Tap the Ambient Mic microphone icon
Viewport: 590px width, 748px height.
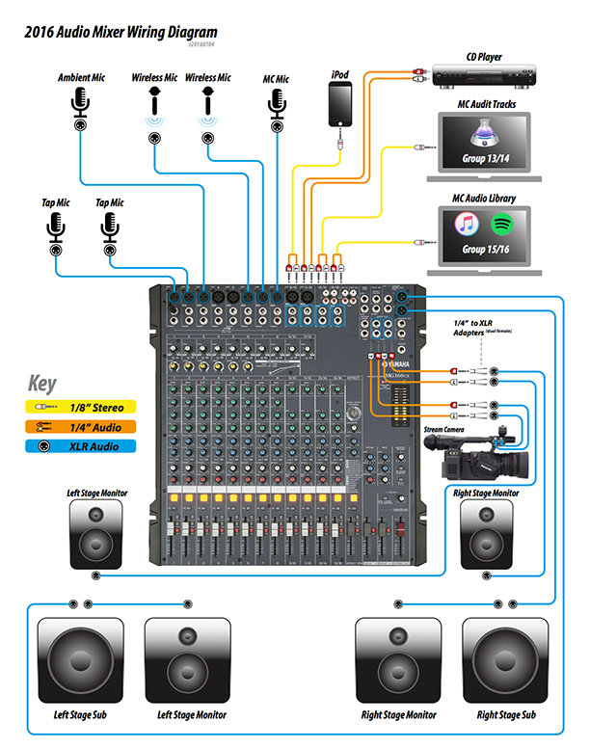pyautogui.click(x=81, y=103)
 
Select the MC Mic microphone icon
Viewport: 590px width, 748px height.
pyautogui.click(x=278, y=102)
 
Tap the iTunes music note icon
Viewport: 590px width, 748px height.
pyautogui.click(x=468, y=225)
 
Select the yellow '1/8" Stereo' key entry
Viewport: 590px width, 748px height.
pyautogui.click(x=80, y=408)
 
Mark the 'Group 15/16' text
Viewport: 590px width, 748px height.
pyautogui.click(x=487, y=249)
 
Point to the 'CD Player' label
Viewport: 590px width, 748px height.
pyautogui.click(x=484, y=57)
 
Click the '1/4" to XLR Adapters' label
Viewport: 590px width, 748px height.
pyautogui.click(x=479, y=327)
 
